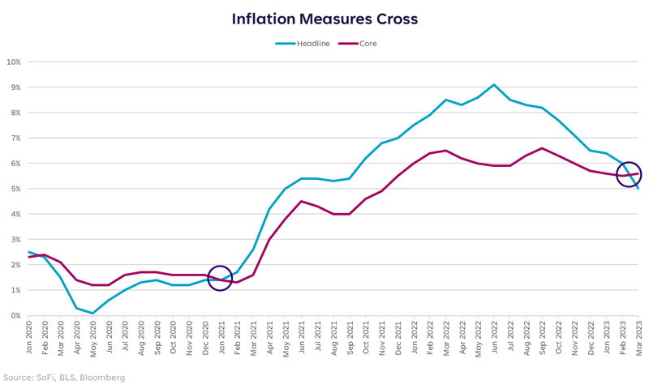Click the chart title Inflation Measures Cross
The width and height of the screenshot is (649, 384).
click(324, 18)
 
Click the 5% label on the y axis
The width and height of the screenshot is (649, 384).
click(15, 189)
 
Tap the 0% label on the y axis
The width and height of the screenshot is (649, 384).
click(15, 316)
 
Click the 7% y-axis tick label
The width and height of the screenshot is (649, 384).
click(15, 138)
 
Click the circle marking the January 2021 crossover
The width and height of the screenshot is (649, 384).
click(220, 279)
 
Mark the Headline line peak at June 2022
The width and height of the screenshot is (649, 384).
click(494, 84)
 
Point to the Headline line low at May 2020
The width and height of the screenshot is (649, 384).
click(92, 313)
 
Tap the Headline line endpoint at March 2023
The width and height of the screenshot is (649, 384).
click(638, 189)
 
